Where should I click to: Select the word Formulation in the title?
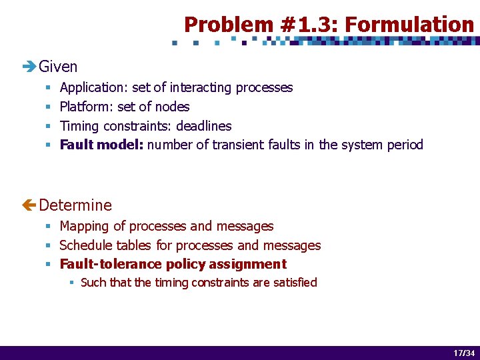pos(409,25)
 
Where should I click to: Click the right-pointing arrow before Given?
pos(29,67)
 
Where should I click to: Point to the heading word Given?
pos(58,67)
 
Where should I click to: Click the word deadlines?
pos(203,126)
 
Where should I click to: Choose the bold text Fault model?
pos(101,145)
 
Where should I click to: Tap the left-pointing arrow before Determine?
pos(29,205)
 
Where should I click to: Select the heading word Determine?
pos(75,205)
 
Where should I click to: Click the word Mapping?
pos(85,227)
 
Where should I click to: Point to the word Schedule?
pos(86,246)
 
